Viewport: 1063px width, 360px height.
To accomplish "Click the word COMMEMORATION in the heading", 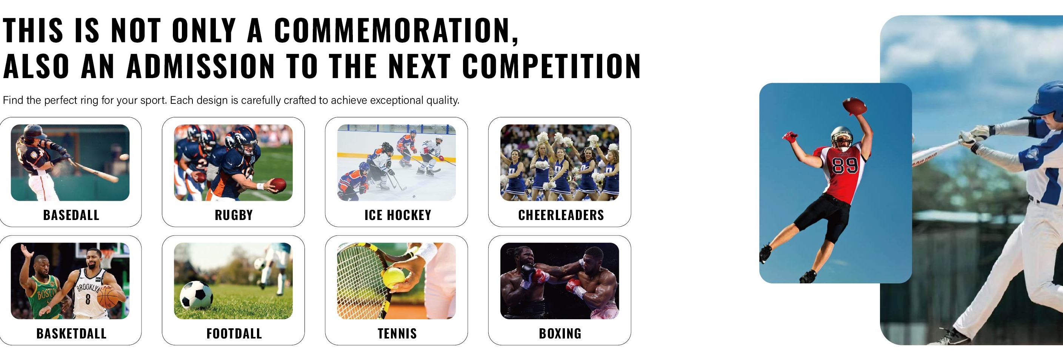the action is click(x=396, y=30).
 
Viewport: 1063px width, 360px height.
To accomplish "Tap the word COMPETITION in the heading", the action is click(x=551, y=66).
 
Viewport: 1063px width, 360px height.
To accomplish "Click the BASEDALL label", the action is click(x=71, y=215).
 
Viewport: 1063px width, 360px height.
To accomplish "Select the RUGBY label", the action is click(x=234, y=215).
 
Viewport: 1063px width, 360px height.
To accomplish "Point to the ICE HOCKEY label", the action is click(x=398, y=215).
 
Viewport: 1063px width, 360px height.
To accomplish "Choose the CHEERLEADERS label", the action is click(x=561, y=215).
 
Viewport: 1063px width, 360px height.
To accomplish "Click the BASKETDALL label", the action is click(x=71, y=334).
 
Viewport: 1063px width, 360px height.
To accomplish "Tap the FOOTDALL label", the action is click(x=234, y=334).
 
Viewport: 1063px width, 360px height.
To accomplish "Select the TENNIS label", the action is click(x=397, y=334).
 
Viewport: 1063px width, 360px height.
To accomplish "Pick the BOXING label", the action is click(x=560, y=334).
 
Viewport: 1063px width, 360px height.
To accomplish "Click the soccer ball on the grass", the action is click(x=197, y=295).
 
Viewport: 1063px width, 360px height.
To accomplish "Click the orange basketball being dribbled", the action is click(x=108, y=297).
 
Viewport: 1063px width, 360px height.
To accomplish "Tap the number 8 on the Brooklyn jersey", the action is click(x=88, y=299).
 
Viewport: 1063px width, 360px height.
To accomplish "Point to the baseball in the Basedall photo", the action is click(x=124, y=157).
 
